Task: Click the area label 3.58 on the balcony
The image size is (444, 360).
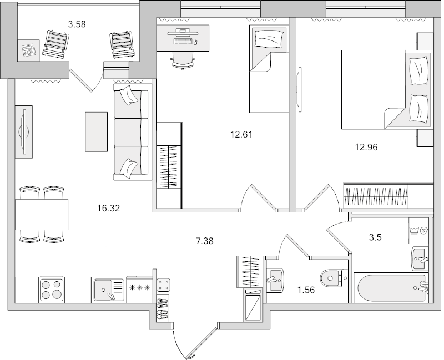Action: [x=77, y=24]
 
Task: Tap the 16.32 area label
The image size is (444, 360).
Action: [x=109, y=209]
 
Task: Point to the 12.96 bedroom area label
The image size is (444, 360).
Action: [x=367, y=147]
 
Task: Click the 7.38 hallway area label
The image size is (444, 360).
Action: [x=205, y=241]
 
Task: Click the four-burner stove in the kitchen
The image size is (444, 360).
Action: [x=52, y=290]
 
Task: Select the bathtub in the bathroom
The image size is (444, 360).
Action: [x=390, y=288]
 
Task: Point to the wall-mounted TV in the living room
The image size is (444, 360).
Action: [x=23, y=132]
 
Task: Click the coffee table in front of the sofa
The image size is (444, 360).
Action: [x=96, y=131]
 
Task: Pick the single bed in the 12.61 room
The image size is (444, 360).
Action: [x=268, y=69]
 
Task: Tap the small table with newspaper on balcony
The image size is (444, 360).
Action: [x=27, y=49]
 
